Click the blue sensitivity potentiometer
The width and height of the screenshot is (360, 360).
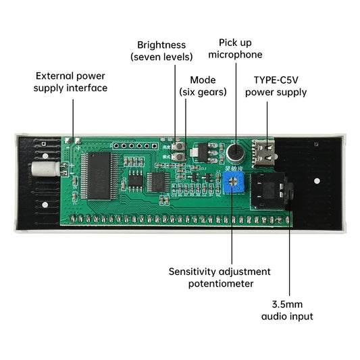coord(233,182)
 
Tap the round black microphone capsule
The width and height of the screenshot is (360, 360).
coord(235,152)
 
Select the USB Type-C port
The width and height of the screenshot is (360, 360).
coord(264,153)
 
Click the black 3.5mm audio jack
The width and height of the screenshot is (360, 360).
coord(271,191)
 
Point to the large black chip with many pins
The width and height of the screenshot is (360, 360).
coord(99,176)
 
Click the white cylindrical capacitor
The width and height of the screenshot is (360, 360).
coord(45,169)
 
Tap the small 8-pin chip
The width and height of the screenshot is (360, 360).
coord(135,180)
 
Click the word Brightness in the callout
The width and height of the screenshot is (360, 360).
coord(161,45)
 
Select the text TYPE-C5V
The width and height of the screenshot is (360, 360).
coord(276,80)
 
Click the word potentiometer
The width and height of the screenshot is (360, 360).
coord(221,284)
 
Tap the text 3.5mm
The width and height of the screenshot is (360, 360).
coord(287,305)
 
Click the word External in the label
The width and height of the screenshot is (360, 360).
coord(55,76)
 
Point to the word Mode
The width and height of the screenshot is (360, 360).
coord(203,80)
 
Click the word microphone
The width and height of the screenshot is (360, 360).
coord(235,55)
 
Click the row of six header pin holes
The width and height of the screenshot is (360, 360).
coord(136,146)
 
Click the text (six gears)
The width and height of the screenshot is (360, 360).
coord(203,92)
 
